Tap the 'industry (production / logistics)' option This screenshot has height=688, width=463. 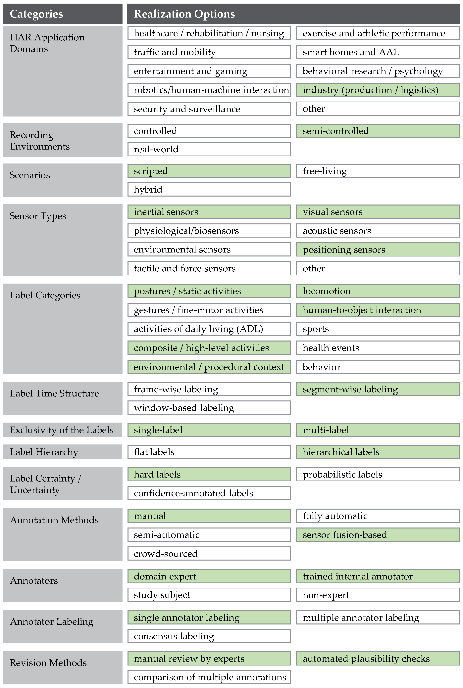coord(378,90)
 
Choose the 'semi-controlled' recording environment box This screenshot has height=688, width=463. coord(378,131)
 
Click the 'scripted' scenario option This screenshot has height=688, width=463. coord(209,171)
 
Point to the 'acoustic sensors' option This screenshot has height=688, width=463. coord(378,231)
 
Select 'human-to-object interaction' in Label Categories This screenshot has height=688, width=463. coord(378,310)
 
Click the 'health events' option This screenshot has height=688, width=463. coord(378,348)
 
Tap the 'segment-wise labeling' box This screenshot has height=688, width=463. coord(378,389)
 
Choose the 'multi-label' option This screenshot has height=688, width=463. coord(378,430)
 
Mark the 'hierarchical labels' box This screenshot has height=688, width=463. coord(378,452)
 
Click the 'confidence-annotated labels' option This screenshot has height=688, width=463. coord(209,493)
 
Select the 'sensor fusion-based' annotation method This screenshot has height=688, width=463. coord(378,534)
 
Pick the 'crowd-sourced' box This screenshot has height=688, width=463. coord(209,553)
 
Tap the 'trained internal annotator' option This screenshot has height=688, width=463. coord(378,576)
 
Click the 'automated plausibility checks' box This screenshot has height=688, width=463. coord(378,659)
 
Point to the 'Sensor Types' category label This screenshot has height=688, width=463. coord(38,216)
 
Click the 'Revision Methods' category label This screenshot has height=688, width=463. coord(48,663)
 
